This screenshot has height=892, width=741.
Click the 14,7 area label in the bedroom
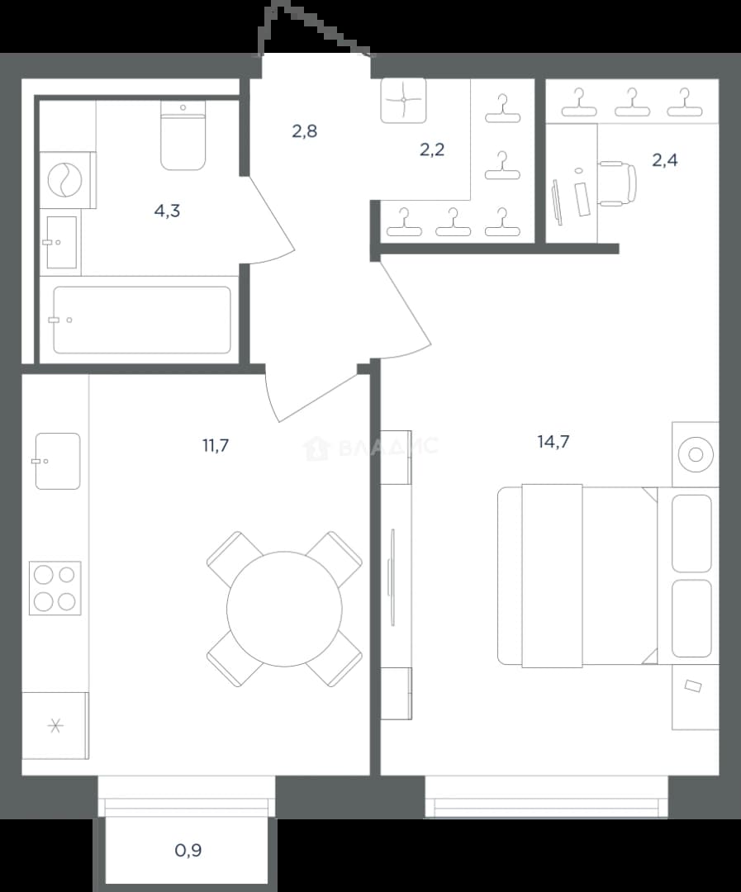(x=553, y=441)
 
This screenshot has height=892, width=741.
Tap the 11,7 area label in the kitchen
(x=216, y=445)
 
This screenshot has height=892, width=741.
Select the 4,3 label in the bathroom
(x=167, y=211)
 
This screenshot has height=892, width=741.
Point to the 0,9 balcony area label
(x=188, y=851)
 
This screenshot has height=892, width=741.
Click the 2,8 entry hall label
(x=305, y=131)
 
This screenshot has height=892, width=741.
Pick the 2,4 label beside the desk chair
(x=665, y=160)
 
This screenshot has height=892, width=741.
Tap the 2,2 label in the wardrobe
(x=432, y=149)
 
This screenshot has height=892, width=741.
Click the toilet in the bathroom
(x=183, y=136)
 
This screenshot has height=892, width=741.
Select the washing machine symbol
(x=66, y=180)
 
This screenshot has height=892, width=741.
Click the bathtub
(x=142, y=320)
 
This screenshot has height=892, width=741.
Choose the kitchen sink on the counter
(x=58, y=462)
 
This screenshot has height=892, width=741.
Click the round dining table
(x=284, y=609)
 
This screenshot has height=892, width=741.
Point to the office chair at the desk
(x=618, y=183)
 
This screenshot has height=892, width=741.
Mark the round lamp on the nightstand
(x=696, y=454)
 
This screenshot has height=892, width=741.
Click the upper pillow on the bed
(x=691, y=533)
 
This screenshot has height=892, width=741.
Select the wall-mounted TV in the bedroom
(x=392, y=577)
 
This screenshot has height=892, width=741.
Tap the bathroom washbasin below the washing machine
(x=61, y=242)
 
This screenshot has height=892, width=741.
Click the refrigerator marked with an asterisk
(x=55, y=725)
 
